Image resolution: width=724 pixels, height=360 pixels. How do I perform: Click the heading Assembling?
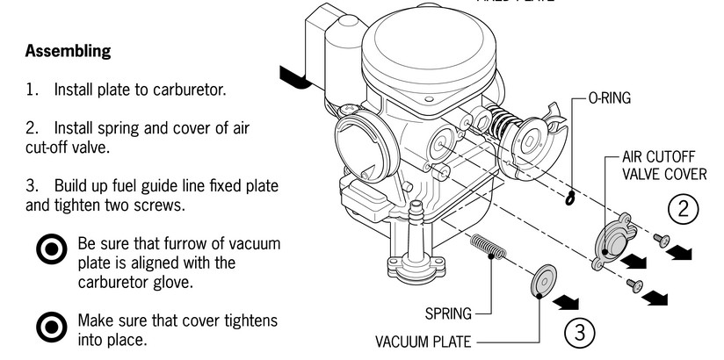click(x=69, y=51)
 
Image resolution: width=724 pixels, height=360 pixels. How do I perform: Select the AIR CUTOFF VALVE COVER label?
click(x=663, y=166)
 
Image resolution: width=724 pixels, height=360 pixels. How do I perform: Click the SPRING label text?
click(x=448, y=312)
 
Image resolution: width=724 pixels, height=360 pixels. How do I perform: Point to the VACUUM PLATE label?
click(x=424, y=341)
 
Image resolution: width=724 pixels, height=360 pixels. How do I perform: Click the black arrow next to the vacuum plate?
click(x=571, y=301)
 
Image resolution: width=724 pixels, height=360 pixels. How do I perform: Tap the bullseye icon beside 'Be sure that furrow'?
click(x=51, y=251)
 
